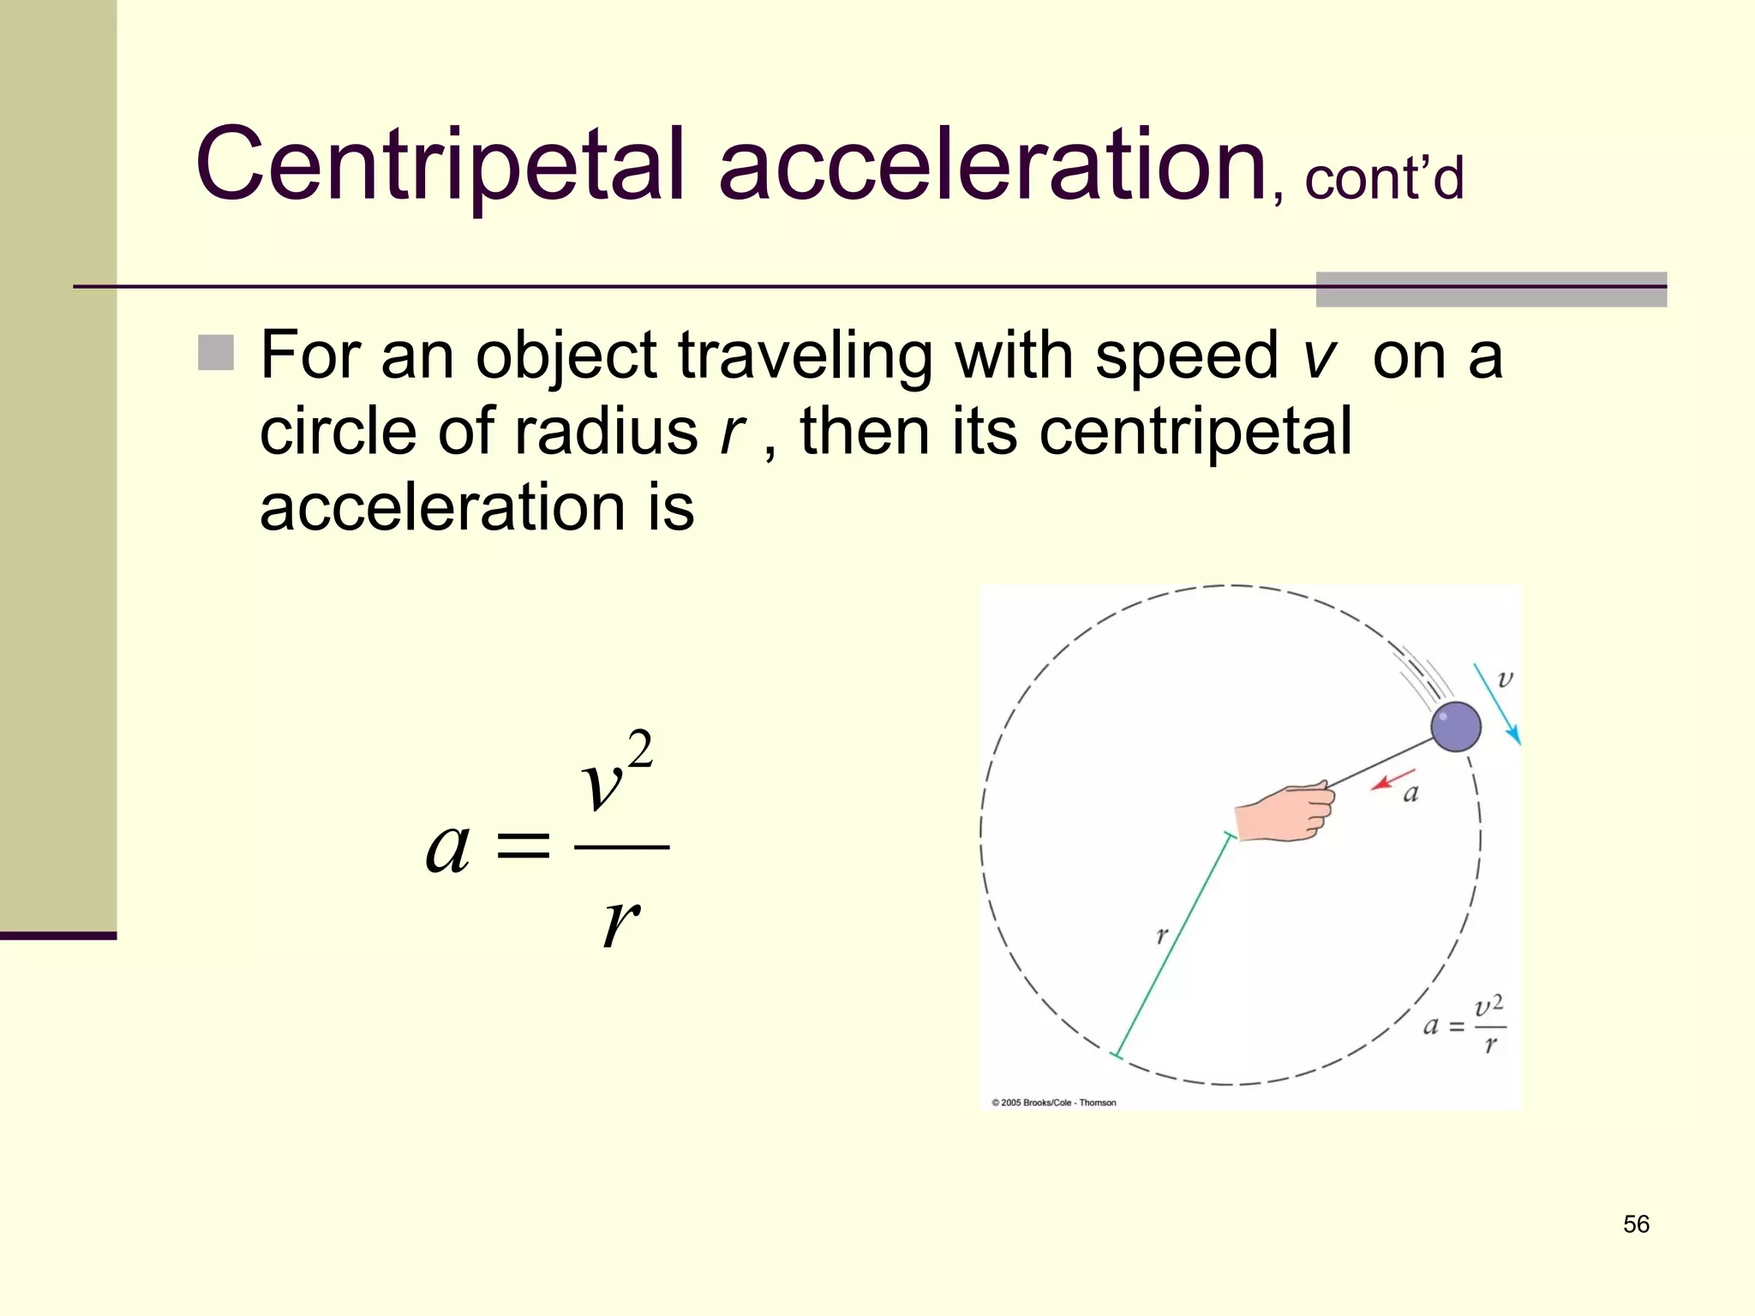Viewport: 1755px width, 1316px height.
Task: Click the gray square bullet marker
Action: (x=216, y=353)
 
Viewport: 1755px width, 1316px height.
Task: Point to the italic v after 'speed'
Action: (x=1319, y=356)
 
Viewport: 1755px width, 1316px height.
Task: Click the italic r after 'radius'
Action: (x=733, y=432)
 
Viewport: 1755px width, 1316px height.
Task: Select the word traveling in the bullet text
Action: (x=805, y=356)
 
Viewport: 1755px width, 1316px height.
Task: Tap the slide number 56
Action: (x=1636, y=1224)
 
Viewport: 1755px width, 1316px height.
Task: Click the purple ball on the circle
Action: (x=1455, y=727)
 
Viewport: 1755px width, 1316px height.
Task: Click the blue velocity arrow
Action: (x=1496, y=703)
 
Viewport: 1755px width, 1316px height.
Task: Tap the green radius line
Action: (x=1171, y=944)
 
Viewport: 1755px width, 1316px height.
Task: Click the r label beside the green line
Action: (x=1161, y=935)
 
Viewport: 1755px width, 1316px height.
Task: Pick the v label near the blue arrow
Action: (x=1505, y=679)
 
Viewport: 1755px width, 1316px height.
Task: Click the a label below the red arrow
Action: (x=1411, y=794)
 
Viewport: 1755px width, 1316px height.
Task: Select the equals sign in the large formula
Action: (x=523, y=846)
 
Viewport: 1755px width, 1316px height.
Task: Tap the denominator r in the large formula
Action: (x=620, y=923)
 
